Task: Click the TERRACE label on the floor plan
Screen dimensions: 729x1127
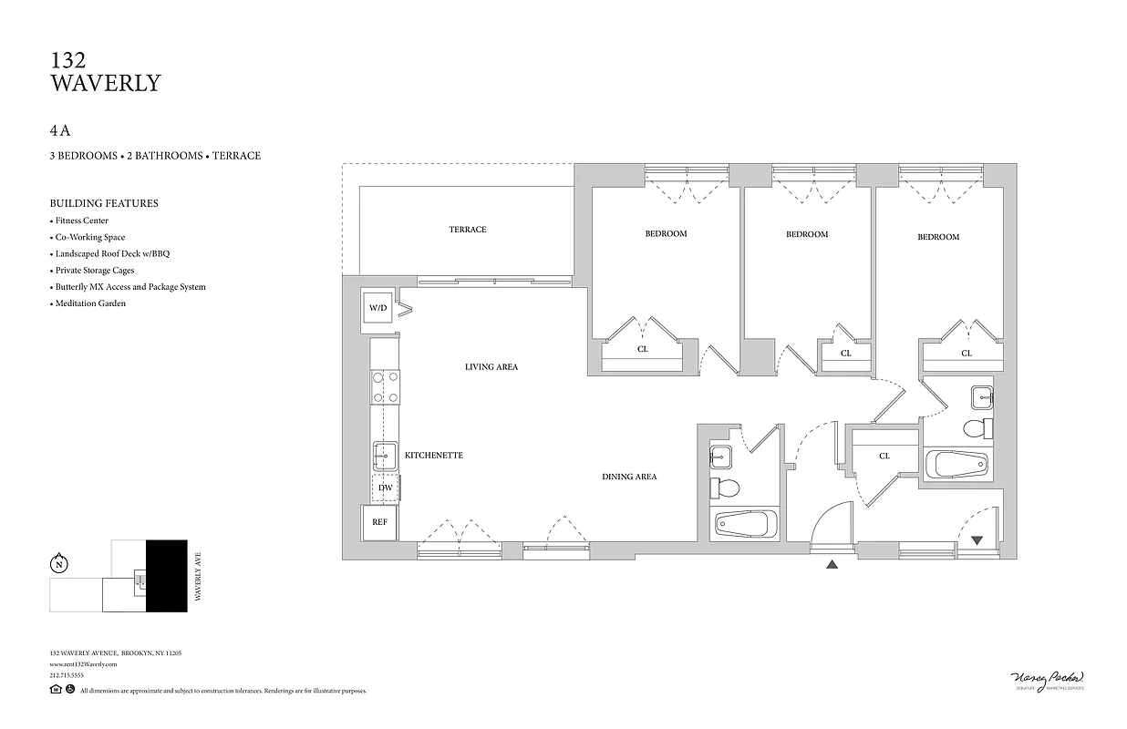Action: [x=467, y=230]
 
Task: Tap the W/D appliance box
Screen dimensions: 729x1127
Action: [x=377, y=308]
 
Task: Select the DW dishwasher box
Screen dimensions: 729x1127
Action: [x=386, y=488]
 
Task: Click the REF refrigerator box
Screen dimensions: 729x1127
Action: [x=379, y=522]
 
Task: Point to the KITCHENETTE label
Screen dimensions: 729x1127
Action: [x=433, y=455]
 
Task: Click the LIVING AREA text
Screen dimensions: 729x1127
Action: [x=491, y=367]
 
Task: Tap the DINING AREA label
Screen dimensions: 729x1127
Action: [x=628, y=477]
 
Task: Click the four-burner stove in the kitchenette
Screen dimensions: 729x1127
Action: [x=385, y=386]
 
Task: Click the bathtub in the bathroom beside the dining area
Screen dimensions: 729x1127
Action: [x=745, y=524]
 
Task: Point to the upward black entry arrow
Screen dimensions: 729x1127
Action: [x=832, y=565]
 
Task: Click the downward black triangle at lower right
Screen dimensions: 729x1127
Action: [x=977, y=540]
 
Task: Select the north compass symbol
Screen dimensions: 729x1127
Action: [x=59, y=564]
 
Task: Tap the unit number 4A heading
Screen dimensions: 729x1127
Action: [x=60, y=130]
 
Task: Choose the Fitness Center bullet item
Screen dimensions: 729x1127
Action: [x=81, y=221]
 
